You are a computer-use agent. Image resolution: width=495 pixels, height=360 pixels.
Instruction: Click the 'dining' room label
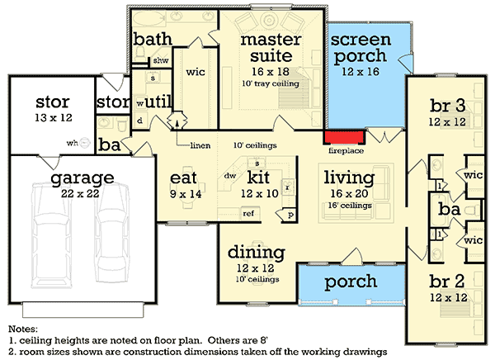[255, 252]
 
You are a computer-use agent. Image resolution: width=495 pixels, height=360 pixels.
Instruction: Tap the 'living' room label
[348, 177]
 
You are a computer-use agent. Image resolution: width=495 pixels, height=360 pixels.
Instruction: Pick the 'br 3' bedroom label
[448, 106]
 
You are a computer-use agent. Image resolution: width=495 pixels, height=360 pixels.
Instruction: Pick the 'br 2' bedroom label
[448, 278]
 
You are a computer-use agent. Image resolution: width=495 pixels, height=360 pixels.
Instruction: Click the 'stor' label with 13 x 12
[53, 102]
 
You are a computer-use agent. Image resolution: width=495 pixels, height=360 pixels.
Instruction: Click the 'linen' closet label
[198, 146]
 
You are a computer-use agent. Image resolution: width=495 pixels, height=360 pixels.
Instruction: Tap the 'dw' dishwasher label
[230, 175]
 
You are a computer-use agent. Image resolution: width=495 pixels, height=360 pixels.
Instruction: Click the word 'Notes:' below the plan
[23, 328]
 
